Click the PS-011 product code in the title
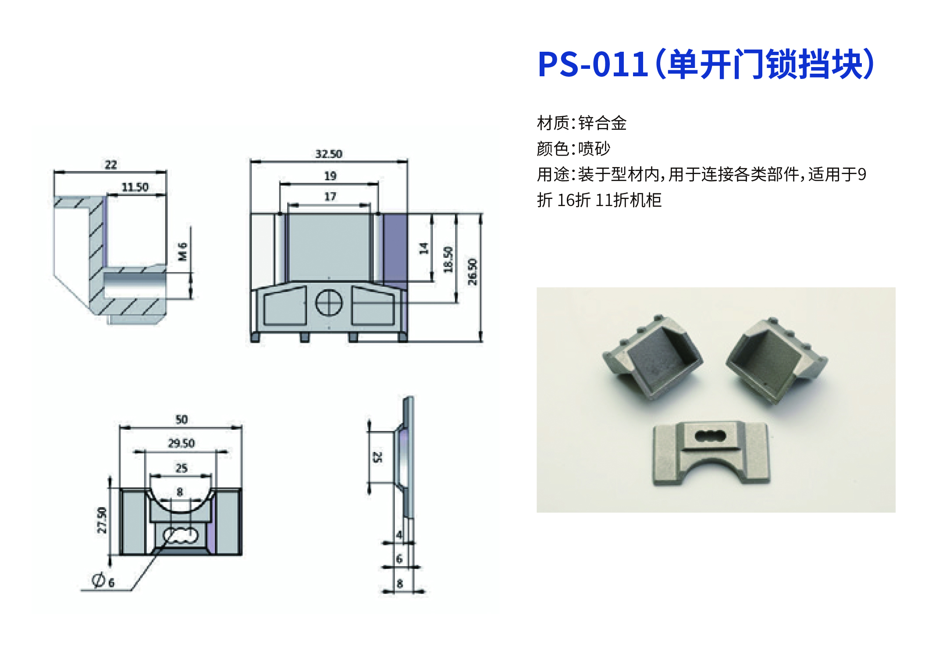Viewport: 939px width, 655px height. (x=593, y=64)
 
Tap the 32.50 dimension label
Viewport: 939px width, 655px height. (x=329, y=154)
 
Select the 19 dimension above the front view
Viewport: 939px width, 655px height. (x=330, y=176)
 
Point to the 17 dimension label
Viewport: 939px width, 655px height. (x=330, y=196)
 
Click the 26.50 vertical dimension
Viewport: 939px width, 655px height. (x=472, y=272)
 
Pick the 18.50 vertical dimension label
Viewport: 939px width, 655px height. (x=448, y=260)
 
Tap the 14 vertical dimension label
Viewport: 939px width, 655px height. (x=423, y=249)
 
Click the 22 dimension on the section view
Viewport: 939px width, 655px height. (x=111, y=165)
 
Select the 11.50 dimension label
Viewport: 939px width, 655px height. (x=135, y=187)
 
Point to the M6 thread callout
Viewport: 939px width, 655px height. (x=182, y=252)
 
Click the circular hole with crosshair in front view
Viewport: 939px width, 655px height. (x=329, y=303)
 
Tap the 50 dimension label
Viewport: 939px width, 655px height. (x=181, y=420)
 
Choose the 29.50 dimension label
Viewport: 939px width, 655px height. (x=181, y=443)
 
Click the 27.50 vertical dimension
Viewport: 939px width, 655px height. (x=102, y=520)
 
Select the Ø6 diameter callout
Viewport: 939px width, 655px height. (x=103, y=580)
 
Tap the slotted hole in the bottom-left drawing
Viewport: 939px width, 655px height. (x=181, y=535)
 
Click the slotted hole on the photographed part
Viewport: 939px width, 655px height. (x=711, y=436)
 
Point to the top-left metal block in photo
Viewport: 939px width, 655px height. (x=652, y=356)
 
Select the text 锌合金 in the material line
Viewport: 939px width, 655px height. (x=602, y=123)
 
